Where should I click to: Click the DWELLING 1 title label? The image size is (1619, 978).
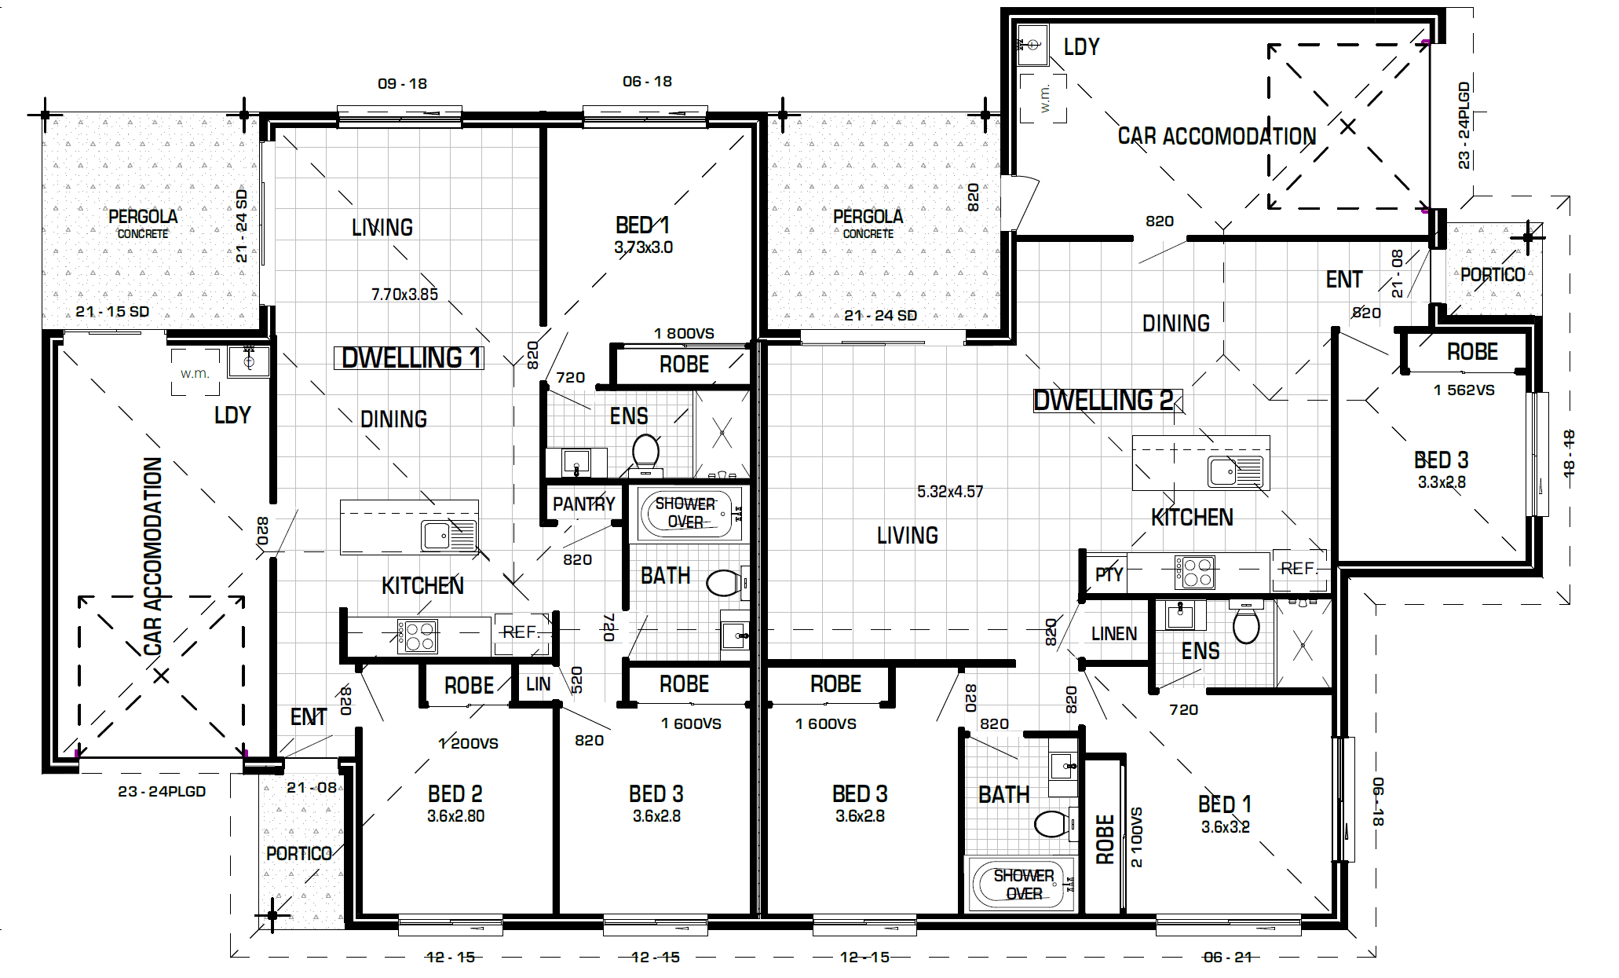(409, 358)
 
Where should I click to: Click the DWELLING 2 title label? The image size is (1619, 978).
(1106, 401)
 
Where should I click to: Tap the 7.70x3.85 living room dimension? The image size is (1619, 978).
(404, 295)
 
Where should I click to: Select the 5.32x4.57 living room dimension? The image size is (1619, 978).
(950, 492)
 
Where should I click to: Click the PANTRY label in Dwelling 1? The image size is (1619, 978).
(583, 504)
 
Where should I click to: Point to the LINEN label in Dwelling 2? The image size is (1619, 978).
(1113, 634)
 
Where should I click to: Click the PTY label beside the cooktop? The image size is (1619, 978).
(1109, 574)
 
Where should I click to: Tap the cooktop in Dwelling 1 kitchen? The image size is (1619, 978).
(418, 637)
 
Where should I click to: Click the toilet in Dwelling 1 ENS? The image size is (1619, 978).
(645, 452)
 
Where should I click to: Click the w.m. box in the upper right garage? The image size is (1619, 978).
(1043, 98)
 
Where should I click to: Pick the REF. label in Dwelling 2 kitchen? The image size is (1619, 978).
(1299, 568)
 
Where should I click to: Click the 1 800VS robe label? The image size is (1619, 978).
(684, 333)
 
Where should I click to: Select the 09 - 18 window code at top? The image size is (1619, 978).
(402, 84)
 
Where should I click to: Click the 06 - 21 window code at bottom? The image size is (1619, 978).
(1227, 957)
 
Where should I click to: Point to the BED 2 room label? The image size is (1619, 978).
(455, 793)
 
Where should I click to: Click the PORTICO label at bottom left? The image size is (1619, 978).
(298, 854)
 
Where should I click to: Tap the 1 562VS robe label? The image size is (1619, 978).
(1464, 390)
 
